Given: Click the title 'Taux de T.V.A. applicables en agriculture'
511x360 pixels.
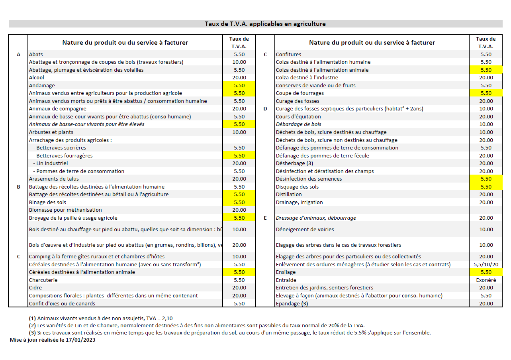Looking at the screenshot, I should [265, 24].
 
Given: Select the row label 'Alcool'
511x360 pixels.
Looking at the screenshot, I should [37, 77].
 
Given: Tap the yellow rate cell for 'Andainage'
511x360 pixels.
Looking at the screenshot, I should [239, 85].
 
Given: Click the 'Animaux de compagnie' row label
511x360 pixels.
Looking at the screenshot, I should [57, 108].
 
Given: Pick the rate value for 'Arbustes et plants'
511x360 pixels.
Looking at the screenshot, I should [239, 132].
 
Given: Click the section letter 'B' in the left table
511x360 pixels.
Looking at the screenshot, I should [18, 187].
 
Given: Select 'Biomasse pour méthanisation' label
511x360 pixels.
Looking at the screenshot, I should [65, 210].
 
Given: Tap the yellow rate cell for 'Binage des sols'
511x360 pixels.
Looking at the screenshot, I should [239, 202].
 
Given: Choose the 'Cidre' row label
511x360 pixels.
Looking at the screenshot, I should [35, 287].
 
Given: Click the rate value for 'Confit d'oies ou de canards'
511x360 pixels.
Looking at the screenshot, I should [239, 303].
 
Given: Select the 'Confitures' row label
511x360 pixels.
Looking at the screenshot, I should [288, 54].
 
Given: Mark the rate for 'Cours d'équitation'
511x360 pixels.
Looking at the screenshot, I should [486, 116].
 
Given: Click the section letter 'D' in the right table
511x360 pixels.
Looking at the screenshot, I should [265, 108].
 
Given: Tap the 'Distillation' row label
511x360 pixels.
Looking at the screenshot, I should [289, 194].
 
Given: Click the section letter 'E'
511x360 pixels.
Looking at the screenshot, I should [265, 218].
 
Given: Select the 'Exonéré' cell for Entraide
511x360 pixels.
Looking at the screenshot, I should [486, 280].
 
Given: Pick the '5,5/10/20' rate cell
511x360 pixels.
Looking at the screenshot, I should [486, 264].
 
